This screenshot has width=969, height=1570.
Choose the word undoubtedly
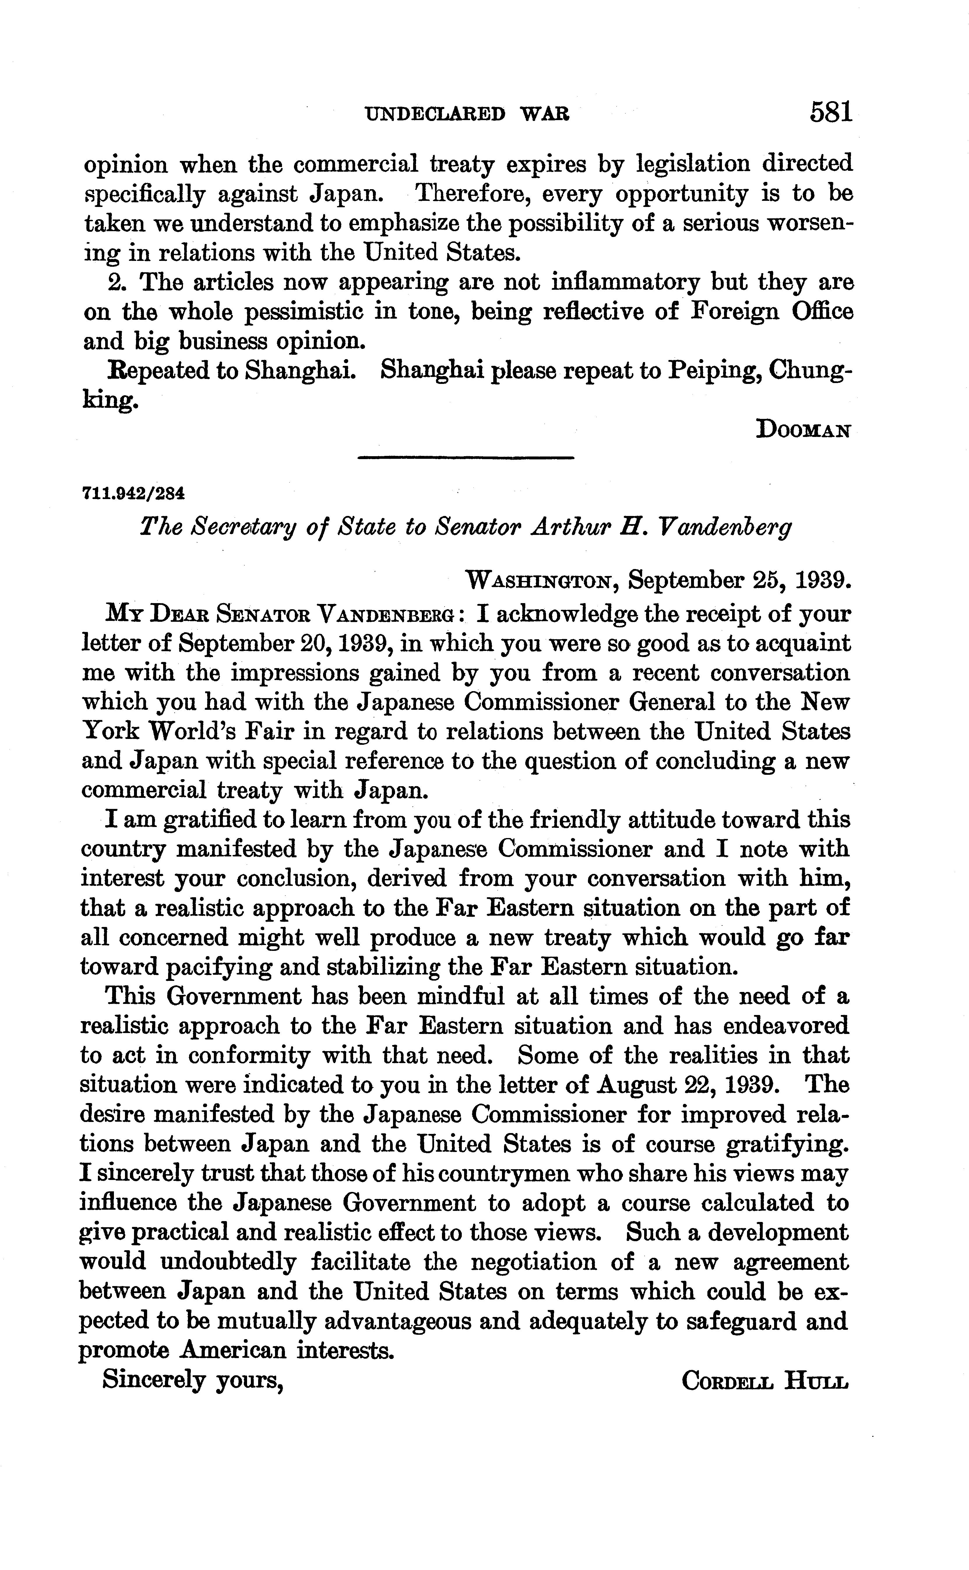(228, 1262)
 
